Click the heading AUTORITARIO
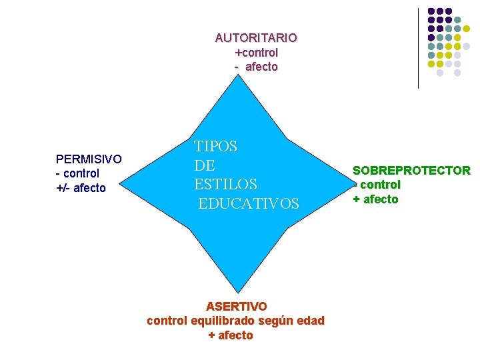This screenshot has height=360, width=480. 256,38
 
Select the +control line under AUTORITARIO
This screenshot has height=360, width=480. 256,52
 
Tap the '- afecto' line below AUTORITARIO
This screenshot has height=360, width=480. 256,67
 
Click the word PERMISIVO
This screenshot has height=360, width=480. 89,159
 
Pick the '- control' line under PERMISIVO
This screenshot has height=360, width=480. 78,173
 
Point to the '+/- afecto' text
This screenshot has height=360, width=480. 81,188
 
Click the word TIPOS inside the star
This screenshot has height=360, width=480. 215,147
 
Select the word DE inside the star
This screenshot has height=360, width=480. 205,165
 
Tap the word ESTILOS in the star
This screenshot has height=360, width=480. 225,183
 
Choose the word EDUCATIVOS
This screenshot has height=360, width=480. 249,203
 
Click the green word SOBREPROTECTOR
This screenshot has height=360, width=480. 411,171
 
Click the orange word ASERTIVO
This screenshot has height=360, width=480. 236,307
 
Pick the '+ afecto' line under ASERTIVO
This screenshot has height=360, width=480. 231,335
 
